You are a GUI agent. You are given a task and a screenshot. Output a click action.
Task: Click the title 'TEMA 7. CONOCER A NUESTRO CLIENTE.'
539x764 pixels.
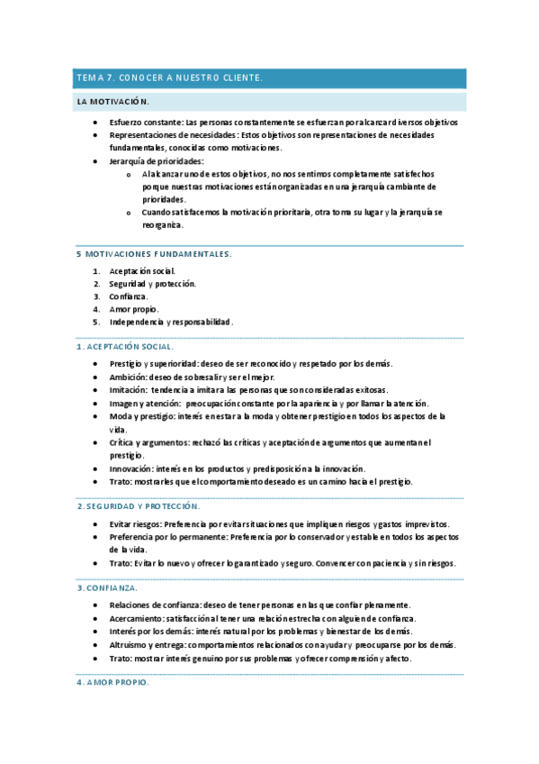170,78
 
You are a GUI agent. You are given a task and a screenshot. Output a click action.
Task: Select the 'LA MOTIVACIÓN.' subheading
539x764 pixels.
112,102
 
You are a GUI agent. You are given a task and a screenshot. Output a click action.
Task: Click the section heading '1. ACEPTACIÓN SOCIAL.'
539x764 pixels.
125,346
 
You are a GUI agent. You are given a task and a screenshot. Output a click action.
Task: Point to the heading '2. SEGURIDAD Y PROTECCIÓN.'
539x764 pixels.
138,506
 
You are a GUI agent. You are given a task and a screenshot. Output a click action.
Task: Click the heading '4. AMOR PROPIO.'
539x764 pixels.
112,682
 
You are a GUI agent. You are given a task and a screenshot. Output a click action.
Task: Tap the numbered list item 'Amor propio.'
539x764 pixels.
134,309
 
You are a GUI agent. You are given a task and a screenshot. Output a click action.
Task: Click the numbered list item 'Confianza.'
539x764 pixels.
129,296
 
